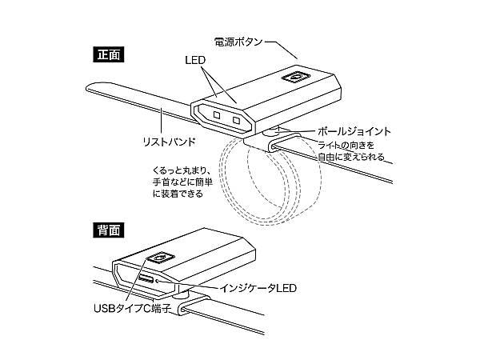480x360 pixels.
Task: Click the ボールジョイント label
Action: [x=354, y=130]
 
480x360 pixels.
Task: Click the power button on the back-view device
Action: [x=158, y=258]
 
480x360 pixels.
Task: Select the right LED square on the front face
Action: [x=236, y=121]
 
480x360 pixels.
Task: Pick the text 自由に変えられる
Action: [x=351, y=158]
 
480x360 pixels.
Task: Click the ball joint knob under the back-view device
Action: [x=182, y=296]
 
